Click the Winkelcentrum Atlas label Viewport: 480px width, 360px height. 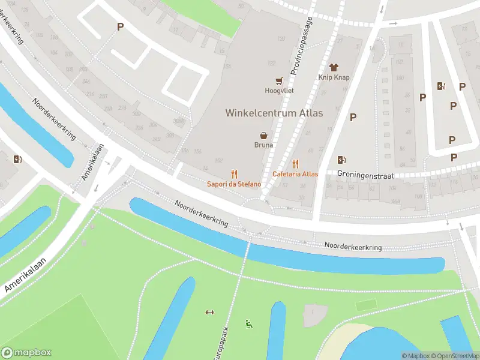(x=274, y=113)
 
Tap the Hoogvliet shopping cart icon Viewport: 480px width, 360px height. (x=279, y=80)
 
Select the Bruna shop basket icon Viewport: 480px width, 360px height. (x=263, y=136)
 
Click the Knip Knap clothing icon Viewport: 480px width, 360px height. (x=334, y=68)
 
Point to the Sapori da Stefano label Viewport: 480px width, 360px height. (x=234, y=184)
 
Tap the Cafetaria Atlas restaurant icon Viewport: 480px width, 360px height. (x=295, y=164)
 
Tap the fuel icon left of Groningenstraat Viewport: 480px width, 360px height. (x=341, y=160)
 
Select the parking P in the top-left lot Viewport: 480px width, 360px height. (x=120, y=26)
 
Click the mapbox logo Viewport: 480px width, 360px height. (x=26, y=353)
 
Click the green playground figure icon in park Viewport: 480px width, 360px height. (x=248, y=325)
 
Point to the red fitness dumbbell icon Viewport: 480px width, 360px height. (x=209, y=312)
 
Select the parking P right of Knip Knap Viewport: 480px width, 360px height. (x=353, y=117)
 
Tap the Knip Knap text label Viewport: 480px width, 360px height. (x=334, y=78)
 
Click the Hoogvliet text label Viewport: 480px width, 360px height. (x=279, y=91)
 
